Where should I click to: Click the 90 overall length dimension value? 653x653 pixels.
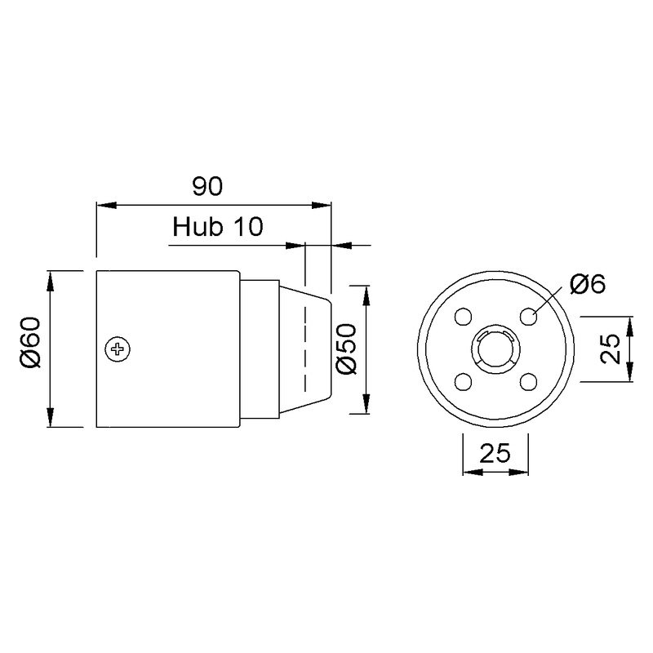click(207, 186)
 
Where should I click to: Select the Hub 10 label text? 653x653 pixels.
click(218, 227)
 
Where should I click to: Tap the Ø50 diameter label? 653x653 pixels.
click(346, 349)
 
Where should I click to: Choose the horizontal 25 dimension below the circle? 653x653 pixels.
click(495, 453)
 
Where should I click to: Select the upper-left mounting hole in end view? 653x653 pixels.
click(463, 316)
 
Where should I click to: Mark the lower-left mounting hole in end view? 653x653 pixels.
click(463, 381)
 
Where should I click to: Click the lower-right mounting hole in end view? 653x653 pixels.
click(528, 381)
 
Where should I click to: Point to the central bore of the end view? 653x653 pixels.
click(495, 349)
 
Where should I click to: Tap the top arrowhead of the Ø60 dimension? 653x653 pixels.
click(51, 277)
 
